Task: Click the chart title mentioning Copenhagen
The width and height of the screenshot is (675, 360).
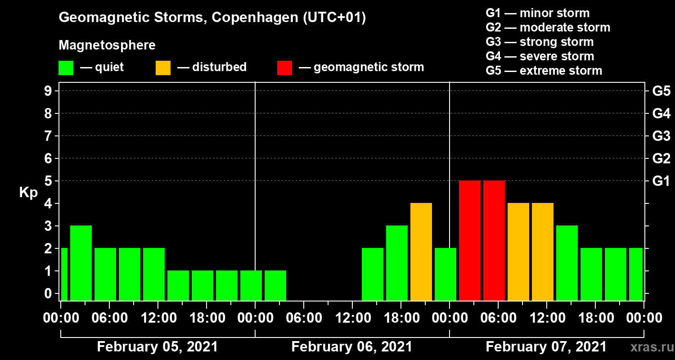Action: click(212, 18)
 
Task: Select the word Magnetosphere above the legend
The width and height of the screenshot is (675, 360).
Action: click(107, 45)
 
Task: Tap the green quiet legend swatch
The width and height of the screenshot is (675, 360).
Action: click(66, 68)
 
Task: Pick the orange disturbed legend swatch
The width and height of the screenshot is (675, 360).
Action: click(163, 68)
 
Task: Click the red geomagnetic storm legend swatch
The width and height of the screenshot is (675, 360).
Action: click(284, 68)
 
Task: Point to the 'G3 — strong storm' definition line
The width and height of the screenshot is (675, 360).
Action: click(540, 42)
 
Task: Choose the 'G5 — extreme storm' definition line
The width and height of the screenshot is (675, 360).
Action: click(544, 71)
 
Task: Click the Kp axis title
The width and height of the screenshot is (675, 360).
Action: click(28, 193)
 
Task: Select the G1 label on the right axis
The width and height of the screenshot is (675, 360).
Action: click(661, 181)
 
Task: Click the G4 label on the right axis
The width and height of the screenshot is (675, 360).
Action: click(661, 114)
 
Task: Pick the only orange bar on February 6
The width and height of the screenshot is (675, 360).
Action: click(421, 252)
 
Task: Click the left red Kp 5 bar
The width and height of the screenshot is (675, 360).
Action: click(470, 241)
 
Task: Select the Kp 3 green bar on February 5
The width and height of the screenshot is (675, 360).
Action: click(81, 263)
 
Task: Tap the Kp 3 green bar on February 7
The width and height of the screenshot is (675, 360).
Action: click(567, 263)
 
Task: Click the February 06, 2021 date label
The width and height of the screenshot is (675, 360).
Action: click(352, 347)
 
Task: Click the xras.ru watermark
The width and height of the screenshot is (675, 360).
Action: click(648, 347)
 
